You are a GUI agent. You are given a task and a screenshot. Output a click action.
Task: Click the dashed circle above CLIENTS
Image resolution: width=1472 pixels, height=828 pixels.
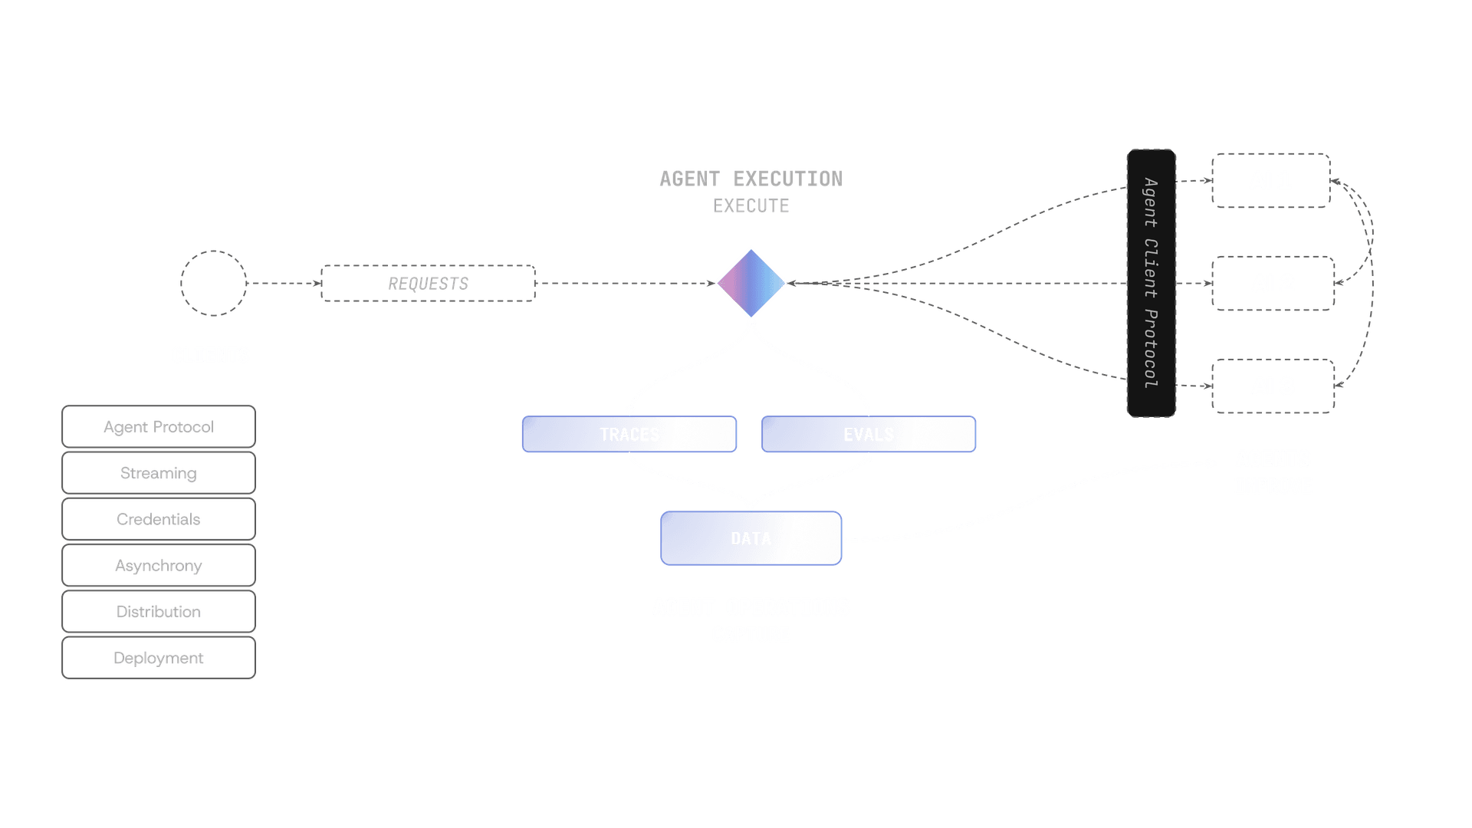coord(213,283)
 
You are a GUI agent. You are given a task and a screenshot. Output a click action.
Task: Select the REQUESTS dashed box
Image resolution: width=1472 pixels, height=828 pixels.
coord(429,284)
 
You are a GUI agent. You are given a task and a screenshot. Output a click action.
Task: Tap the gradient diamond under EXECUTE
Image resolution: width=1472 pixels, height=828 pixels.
coord(751,283)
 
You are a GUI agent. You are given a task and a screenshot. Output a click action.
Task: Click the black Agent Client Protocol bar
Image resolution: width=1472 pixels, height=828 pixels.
coord(1151,283)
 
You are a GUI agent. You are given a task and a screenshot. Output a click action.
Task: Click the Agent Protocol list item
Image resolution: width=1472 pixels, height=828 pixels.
coord(159,427)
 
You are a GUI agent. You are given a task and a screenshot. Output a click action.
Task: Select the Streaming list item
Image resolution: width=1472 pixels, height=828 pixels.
coord(159,473)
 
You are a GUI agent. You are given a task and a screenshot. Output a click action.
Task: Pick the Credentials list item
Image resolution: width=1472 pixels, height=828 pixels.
coord(159,519)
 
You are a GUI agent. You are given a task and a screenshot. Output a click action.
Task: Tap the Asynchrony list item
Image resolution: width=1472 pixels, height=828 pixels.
coord(159,566)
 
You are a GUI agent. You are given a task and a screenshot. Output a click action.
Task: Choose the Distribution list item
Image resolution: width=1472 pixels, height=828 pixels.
coord(159,612)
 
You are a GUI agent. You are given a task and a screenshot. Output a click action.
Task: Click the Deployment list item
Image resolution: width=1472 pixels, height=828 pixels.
coord(159,658)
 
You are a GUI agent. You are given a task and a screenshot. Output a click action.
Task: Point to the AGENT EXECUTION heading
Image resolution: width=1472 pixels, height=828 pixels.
coord(751,179)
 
